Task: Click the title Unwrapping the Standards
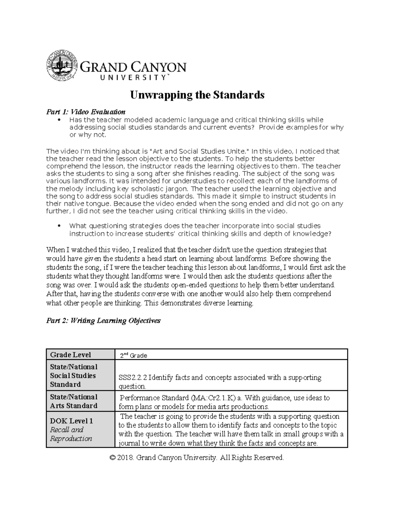coord(197,95)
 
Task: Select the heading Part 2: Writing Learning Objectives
coord(103,321)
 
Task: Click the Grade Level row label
coord(70,355)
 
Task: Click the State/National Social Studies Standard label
coord(74,375)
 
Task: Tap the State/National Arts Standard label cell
coord(74,401)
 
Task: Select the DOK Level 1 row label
coord(71,421)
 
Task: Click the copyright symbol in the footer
coord(113,458)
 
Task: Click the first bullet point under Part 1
coord(59,120)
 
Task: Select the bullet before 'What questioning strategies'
coord(59,226)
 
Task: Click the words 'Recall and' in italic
coord(67,430)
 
